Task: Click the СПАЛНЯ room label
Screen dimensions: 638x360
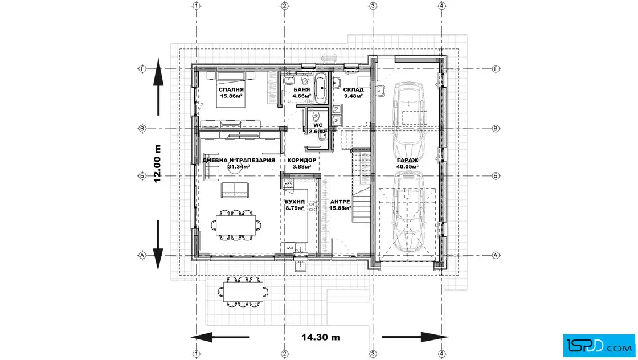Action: click(x=231, y=89)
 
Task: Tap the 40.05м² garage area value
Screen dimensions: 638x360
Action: click(x=408, y=166)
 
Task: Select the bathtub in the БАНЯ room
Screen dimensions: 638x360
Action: click(x=321, y=89)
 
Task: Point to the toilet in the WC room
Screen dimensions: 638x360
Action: click(x=316, y=117)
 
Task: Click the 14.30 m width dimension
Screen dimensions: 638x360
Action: click(x=321, y=337)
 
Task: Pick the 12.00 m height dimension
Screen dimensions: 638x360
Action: click(x=157, y=163)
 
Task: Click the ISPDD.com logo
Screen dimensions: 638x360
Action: click(x=600, y=346)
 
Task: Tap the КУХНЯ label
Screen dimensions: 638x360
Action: click(x=295, y=202)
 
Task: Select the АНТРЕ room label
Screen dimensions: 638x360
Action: click(x=340, y=202)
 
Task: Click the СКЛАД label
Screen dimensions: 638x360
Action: click(x=353, y=89)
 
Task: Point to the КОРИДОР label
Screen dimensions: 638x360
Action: click(x=301, y=160)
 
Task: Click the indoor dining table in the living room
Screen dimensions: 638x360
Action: click(x=236, y=225)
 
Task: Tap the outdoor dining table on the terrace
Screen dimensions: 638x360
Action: click(x=243, y=292)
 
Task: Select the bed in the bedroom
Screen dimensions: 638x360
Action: click(x=230, y=90)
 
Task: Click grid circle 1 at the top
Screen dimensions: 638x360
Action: click(x=197, y=6)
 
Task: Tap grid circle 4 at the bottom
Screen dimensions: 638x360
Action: click(x=442, y=354)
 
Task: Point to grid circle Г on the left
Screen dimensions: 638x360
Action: click(x=142, y=69)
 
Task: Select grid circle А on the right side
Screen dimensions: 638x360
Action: click(x=496, y=255)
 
